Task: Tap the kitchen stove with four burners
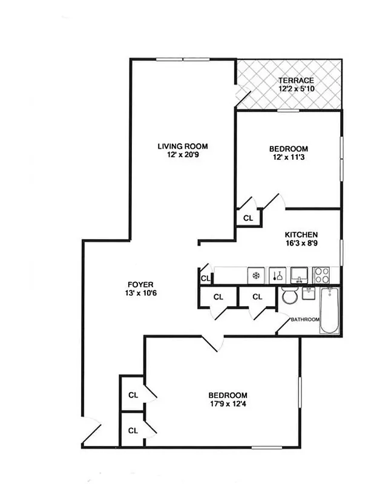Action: (x=321, y=275)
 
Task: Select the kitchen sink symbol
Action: (x=299, y=275)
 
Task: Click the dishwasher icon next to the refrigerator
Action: (x=277, y=275)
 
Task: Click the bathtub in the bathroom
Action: (x=330, y=310)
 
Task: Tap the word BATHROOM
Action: (x=304, y=319)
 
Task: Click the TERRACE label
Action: (x=296, y=80)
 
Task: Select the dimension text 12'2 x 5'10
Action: (x=296, y=89)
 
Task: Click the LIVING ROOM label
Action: (x=183, y=146)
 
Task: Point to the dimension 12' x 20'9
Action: (x=183, y=155)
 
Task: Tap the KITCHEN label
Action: (x=301, y=235)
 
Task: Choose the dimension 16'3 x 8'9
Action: (x=301, y=244)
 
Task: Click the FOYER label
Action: (x=140, y=284)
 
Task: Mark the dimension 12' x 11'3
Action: (x=288, y=158)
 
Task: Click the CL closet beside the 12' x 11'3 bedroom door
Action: (x=248, y=218)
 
